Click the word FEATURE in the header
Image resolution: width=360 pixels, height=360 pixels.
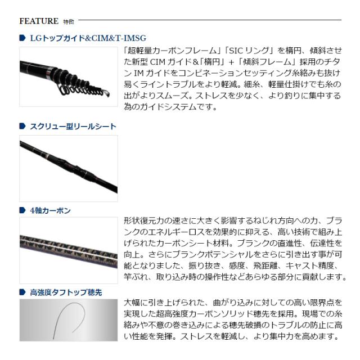point(39,21)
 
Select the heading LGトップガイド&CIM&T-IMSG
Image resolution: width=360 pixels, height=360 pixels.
point(87,38)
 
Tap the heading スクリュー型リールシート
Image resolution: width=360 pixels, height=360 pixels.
point(73,127)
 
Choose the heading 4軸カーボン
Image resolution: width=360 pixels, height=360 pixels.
point(50,211)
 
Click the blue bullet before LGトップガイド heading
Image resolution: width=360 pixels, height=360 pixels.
point(22,38)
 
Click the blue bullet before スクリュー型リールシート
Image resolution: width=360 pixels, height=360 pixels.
point(22,127)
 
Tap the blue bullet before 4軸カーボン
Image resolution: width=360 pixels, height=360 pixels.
point(22,211)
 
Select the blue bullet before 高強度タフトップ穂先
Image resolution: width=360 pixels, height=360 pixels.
point(22,292)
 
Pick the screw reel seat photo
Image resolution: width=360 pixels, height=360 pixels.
point(68,168)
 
